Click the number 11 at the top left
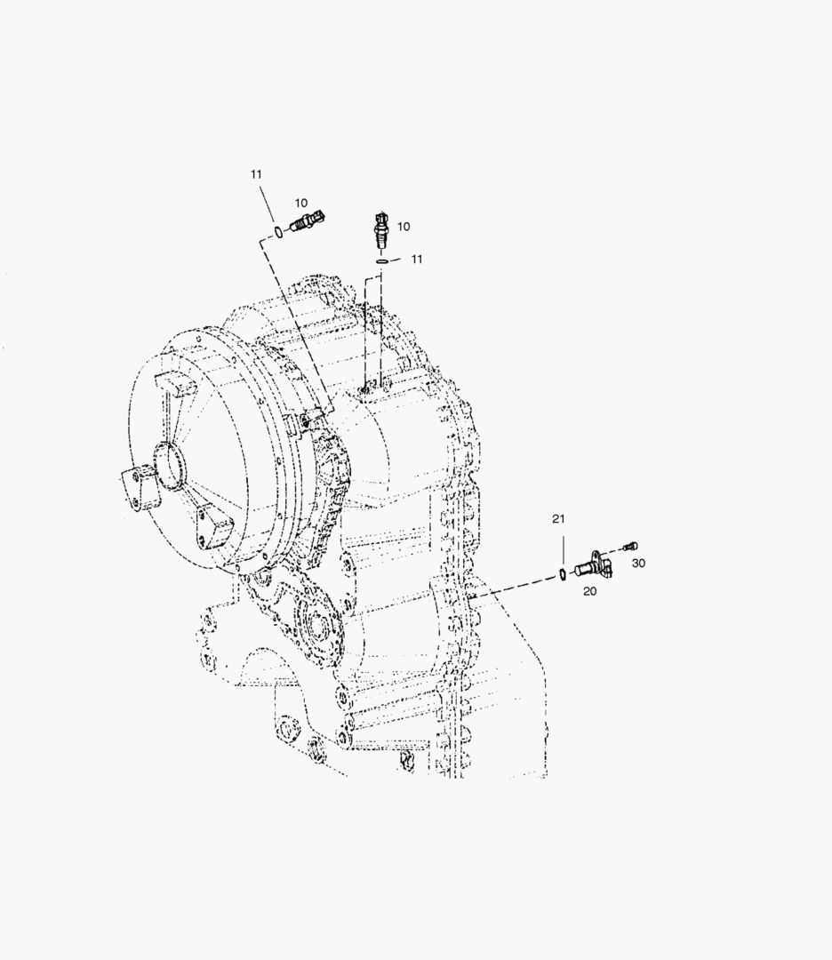click(256, 174)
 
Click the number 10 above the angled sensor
click(300, 204)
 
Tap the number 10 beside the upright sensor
click(404, 227)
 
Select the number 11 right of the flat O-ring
click(416, 259)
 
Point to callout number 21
click(558, 519)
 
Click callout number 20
click(589, 591)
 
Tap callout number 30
click(638, 564)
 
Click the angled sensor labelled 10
click(307, 221)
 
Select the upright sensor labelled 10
click(381, 230)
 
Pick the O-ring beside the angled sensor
click(277, 232)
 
